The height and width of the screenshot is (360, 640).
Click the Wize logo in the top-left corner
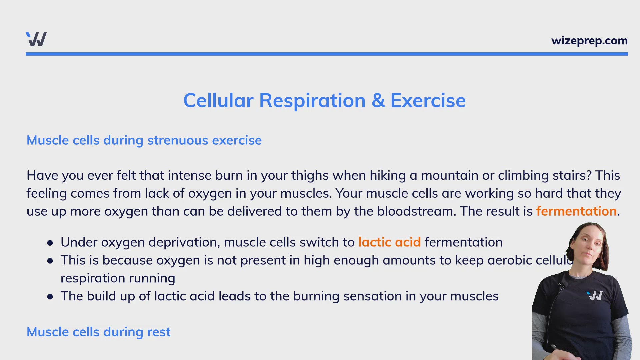36,39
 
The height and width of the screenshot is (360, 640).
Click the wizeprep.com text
589,41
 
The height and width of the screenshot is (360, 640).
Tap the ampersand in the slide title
378,100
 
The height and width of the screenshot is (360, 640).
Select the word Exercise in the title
428,100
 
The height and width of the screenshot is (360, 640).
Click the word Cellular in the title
218,100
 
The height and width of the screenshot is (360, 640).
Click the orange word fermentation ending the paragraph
576,211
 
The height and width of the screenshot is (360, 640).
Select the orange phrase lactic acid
389,242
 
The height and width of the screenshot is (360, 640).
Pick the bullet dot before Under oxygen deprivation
50,243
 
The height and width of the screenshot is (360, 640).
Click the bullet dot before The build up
50,297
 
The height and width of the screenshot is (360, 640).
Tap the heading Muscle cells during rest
98,332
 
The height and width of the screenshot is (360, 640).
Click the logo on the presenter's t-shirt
595,295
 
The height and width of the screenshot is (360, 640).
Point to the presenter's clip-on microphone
563,284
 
